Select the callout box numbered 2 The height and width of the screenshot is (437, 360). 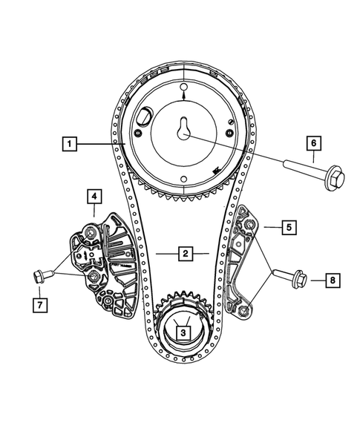click(183, 253)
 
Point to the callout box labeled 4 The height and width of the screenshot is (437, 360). click(94, 197)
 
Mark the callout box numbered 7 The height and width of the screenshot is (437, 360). click(36, 304)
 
